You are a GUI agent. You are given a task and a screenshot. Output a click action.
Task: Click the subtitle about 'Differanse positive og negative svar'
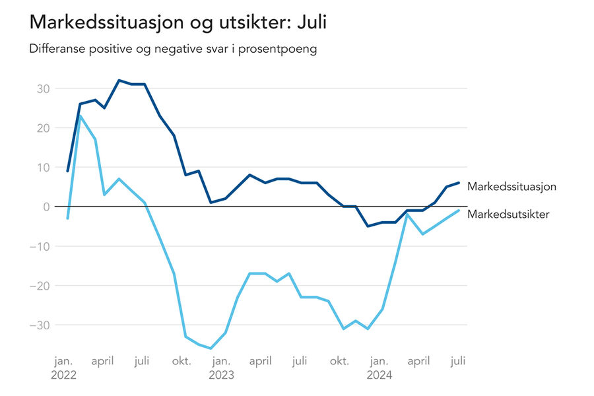[x=173, y=49]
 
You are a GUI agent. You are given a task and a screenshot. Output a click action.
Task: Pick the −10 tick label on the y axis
[x=42, y=246]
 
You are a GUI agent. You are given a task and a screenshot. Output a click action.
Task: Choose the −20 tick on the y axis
[x=42, y=286]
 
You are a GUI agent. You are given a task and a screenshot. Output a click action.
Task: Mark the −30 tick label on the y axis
[x=42, y=325]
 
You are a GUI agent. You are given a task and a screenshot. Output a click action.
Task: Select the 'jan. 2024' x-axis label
[x=379, y=368]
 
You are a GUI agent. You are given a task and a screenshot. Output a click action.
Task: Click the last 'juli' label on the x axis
[x=458, y=361]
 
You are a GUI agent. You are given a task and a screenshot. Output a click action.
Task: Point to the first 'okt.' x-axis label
[x=181, y=361]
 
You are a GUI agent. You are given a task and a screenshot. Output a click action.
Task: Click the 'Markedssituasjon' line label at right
[x=511, y=187]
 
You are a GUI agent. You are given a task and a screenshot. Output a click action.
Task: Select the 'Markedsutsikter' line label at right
[x=508, y=214]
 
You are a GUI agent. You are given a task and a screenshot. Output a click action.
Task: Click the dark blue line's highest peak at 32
[x=119, y=81]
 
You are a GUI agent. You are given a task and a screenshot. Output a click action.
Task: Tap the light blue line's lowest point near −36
[x=211, y=348]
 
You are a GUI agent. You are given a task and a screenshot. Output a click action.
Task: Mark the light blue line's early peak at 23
[x=81, y=116]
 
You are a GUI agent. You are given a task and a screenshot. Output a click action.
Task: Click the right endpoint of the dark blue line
[x=459, y=183]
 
